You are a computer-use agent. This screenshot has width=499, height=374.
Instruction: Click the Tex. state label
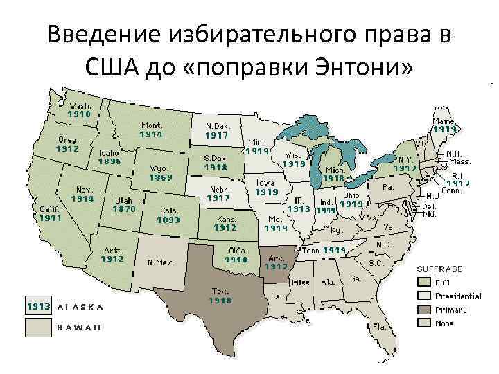click(x=220, y=292)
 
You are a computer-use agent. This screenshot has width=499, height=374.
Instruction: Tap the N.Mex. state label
click(x=160, y=262)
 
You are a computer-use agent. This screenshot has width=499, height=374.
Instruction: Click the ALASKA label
click(x=80, y=305)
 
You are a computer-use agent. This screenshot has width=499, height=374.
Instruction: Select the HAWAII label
click(x=80, y=327)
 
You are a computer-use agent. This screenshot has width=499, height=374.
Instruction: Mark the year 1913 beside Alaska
click(x=38, y=305)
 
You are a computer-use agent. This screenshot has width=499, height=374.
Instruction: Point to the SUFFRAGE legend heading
click(x=439, y=269)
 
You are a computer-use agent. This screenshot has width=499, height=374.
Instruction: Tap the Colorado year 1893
click(x=168, y=220)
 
